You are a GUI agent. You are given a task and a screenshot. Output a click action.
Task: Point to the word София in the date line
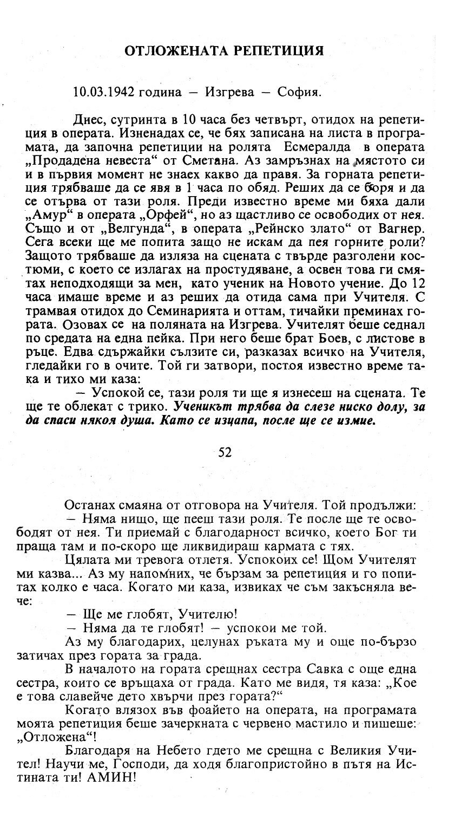(x=299, y=92)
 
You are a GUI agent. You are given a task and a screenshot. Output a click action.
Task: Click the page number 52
(x=225, y=452)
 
